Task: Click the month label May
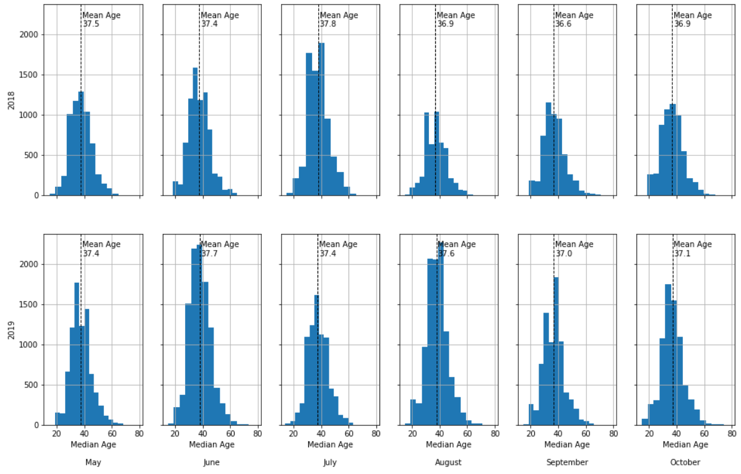tap(93, 462)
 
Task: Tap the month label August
tap(448, 462)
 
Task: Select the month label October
tap(685, 462)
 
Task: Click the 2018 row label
tap(11, 100)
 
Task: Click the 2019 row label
tap(11, 329)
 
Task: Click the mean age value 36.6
tap(563, 24)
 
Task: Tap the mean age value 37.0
tap(563, 254)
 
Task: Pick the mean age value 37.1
tap(682, 254)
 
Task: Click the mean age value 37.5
tap(91, 24)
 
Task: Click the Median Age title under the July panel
tap(330, 444)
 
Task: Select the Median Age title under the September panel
tap(567, 444)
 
